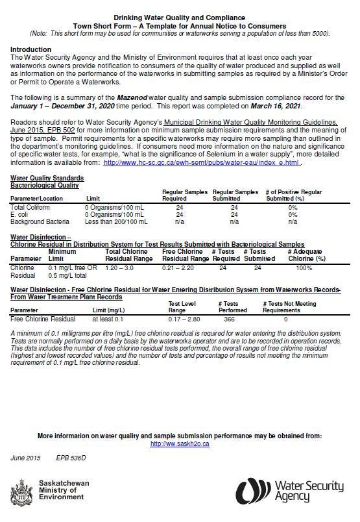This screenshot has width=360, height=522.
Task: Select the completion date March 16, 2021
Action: (305, 105)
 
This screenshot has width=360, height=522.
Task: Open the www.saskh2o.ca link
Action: (180, 443)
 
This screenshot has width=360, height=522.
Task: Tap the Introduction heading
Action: (31, 49)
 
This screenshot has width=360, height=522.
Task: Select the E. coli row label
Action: (21, 214)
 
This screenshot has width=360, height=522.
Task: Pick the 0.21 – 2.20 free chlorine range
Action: (178, 267)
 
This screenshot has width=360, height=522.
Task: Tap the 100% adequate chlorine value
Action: (304, 267)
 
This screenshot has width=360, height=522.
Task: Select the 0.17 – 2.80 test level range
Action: (184, 319)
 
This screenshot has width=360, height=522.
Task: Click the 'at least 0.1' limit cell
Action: (107, 319)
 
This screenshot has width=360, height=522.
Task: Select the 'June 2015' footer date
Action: (25, 458)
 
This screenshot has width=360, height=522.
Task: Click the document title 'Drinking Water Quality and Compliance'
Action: (180, 19)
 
